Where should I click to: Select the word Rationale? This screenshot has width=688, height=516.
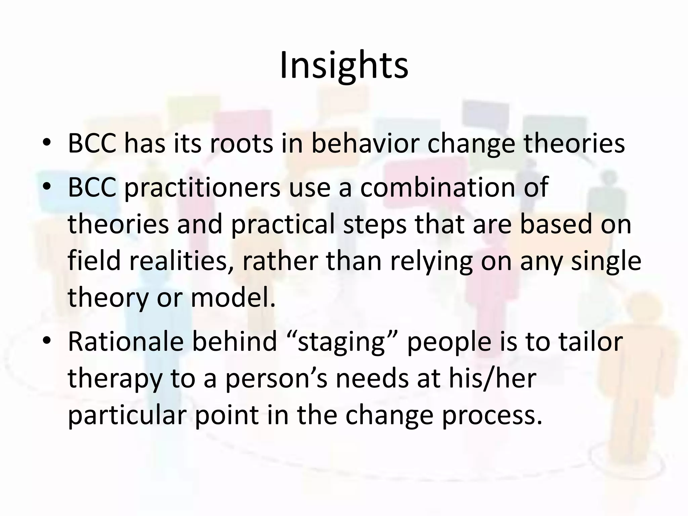click(126, 341)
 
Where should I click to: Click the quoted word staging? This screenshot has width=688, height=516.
click(341, 341)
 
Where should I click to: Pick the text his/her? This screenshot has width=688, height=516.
click(491, 378)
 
